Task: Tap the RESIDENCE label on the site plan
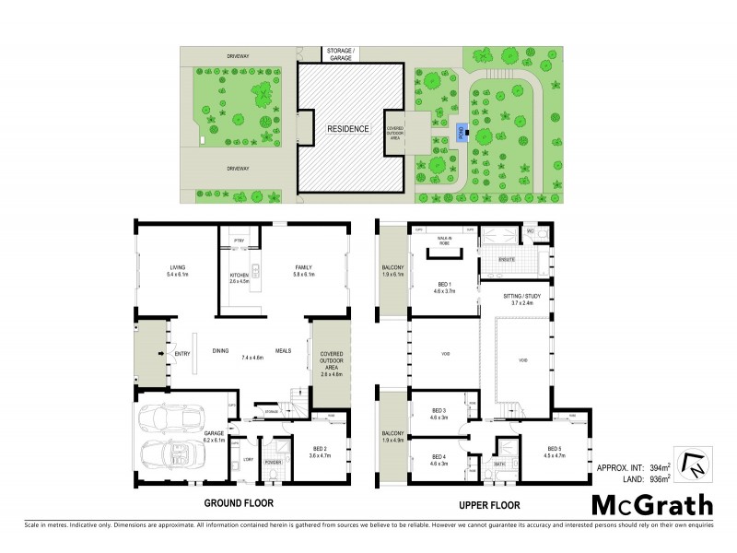pos(348,129)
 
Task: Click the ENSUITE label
pos(504,261)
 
